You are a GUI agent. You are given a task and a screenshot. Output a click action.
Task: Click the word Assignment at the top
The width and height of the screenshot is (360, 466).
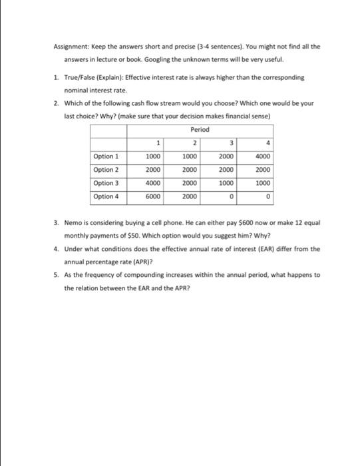tap(69, 47)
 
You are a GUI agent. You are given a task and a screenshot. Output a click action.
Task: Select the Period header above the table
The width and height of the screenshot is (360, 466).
tap(200, 128)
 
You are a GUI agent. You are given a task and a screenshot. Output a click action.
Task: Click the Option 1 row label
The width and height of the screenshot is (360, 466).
tap(106, 156)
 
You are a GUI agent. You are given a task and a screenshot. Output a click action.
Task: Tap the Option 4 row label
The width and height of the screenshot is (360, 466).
tap(106, 196)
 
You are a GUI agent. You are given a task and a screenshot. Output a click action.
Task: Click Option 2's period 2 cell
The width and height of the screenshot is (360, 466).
tap(191, 169)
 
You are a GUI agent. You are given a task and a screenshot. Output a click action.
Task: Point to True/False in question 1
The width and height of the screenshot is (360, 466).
tap(79, 77)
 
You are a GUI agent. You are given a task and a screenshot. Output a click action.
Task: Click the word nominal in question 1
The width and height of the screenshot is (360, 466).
tap(75, 90)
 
